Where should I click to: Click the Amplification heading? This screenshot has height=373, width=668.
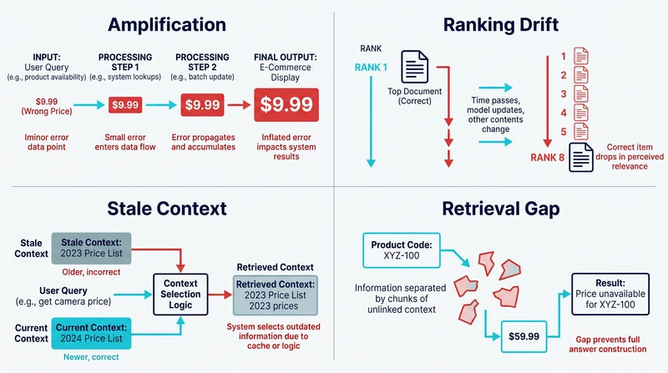[x=167, y=25]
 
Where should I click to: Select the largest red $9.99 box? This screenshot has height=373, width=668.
[x=286, y=105]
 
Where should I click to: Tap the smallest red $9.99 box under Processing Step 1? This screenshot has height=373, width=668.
[x=125, y=105]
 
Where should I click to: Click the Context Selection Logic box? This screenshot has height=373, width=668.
[x=180, y=295]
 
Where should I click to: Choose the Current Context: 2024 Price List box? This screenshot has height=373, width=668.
[x=91, y=333]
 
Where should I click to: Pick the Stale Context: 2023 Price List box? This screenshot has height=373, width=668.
[x=91, y=248]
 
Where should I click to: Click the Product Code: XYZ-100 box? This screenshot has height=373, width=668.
[x=402, y=250]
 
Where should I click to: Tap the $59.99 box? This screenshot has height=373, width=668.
[x=524, y=336]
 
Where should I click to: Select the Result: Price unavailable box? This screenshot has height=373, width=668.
[x=610, y=294]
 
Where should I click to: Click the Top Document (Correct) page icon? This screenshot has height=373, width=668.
[x=414, y=67]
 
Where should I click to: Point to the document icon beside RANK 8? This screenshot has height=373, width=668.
[x=581, y=158]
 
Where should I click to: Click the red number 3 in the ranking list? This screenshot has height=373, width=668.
[x=563, y=94]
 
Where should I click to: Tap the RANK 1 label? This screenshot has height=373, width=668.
[x=371, y=68]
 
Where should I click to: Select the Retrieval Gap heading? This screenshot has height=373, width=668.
[x=500, y=209]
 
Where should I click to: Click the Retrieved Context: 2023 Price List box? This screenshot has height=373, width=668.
[x=276, y=295]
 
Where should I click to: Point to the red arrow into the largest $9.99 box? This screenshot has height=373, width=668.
[x=239, y=105]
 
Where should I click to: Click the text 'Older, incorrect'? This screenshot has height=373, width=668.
[x=91, y=272]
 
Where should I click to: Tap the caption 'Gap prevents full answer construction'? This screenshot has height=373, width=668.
[x=608, y=344]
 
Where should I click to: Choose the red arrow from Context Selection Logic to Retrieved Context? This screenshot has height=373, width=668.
[x=220, y=295]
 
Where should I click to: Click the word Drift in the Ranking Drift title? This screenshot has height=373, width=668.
[x=536, y=25]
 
